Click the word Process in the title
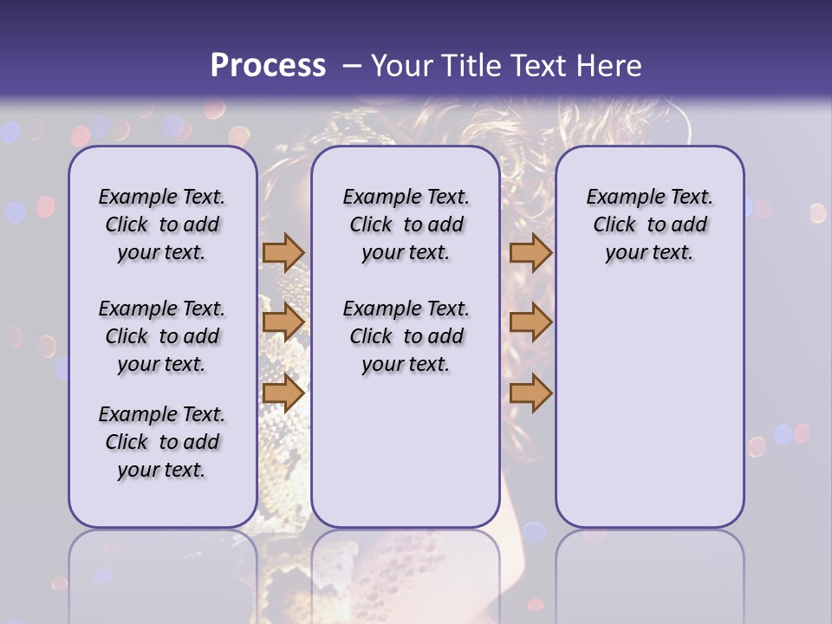267,66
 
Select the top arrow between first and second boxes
283,252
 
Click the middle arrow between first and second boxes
283,322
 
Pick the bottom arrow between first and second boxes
283,393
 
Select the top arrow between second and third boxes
530,252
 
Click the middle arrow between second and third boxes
530,322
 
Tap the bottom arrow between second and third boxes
530,393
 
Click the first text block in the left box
162,224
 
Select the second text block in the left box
162,336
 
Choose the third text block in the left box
162,442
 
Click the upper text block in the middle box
406,224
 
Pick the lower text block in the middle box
406,336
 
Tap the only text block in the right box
649,224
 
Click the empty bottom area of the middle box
406,459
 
